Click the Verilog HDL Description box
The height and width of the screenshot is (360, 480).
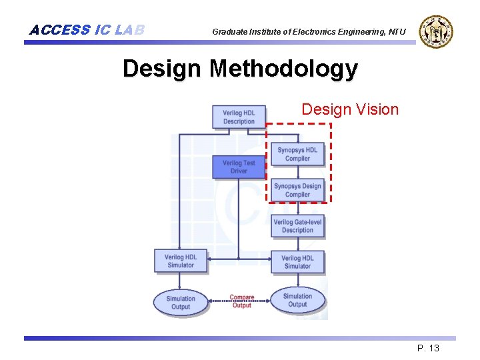pyautogui.click(x=239, y=117)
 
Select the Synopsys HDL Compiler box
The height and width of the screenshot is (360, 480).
pyautogui.click(x=297, y=154)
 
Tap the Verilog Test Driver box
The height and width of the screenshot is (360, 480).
pyautogui.click(x=239, y=167)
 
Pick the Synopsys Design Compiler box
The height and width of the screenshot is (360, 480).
pyautogui.click(x=297, y=190)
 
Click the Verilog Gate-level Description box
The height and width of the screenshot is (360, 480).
pyautogui.click(x=297, y=226)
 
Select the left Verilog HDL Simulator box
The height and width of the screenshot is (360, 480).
pyautogui.click(x=181, y=261)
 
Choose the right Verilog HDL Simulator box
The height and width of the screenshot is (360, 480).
pyautogui.click(x=297, y=261)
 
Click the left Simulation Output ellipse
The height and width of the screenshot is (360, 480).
pyautogui.click(x=181, y=303)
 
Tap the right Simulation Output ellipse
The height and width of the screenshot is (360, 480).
pyautogui.click(x=297, y=301)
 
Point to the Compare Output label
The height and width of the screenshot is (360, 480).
pyautogui.click(x=241, y=301)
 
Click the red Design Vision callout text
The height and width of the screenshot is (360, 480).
pyautogui.click(x=350, y=109)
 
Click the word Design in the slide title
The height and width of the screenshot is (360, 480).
pyautogui.click(x=162, y=69)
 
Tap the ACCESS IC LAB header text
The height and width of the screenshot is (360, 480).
pyautogui.click(x=87, y=30)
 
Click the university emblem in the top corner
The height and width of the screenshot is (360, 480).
pyautogui.click(x=436, y=31)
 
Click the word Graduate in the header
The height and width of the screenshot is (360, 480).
pyautogui.click(x=229, y=32)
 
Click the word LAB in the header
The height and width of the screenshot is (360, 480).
pyautogui.click(x=129, y=30)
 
